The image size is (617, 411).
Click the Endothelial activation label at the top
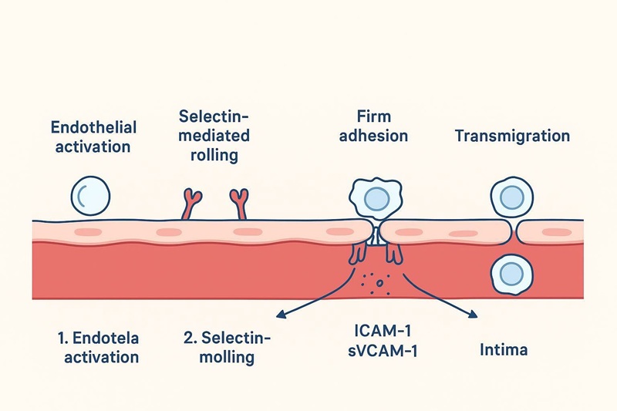coord(93,137)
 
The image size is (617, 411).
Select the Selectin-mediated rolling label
coord(214,135)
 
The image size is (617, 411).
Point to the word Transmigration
coord(512,136)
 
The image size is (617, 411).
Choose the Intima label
coord(503,350)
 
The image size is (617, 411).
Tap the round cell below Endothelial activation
coord(90,195)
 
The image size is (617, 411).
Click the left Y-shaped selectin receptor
coord(190,204)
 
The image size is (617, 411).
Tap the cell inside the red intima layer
coord(510,272)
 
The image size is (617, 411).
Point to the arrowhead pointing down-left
coord(282,315)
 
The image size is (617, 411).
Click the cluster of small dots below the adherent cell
coord(375,281)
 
